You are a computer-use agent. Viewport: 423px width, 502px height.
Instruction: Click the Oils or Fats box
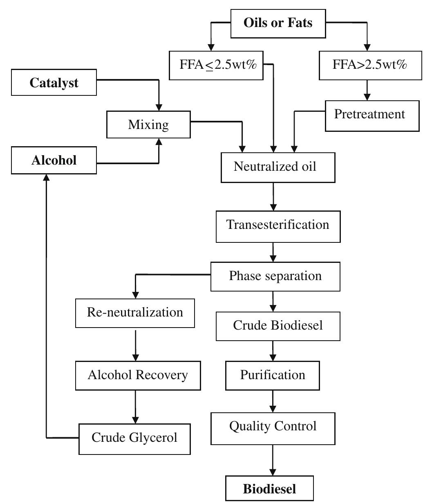tap(278, 23)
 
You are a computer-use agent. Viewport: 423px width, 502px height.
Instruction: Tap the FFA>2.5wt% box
tap(370, 65)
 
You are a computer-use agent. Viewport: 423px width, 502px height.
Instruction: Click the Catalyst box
tap(54, 83)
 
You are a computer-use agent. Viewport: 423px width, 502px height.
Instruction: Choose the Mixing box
tap(148, 124)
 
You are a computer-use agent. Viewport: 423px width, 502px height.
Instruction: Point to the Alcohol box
tap(54, 160)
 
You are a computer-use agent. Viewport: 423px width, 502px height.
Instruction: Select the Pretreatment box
tap(372, 114)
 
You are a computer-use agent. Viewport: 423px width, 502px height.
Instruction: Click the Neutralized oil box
tap(278, 167)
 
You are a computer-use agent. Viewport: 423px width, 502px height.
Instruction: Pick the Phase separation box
tap(275, 276)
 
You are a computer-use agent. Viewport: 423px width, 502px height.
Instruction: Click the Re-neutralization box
tap(135, 313)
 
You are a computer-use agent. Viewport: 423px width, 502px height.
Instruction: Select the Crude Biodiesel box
tap(278, 326)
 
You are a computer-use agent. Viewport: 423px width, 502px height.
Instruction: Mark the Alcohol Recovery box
tap(138, 375)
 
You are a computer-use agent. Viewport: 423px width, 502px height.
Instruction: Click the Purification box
tap(273, 375)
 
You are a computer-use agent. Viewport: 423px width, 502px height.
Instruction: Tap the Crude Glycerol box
tap(134, 439)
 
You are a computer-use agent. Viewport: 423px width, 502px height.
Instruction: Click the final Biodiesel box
tap(270, 488)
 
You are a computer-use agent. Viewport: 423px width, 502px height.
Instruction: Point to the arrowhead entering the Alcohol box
tap(47, 177)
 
